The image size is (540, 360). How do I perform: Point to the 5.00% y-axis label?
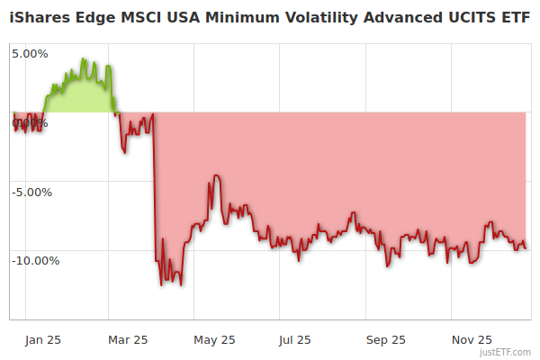coord(30,54)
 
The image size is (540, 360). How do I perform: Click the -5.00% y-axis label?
coord(32,192)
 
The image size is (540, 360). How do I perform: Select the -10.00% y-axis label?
coord(35,261)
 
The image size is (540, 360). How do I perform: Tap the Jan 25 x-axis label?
coord(43,340)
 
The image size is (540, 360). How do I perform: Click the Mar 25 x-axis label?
coord(127,340)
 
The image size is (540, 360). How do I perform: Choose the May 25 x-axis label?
coord(214,340)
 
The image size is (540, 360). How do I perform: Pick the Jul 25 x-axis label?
coord(295,340)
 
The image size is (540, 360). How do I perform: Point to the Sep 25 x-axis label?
coord(386,340)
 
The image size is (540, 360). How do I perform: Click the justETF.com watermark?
coord(507,352)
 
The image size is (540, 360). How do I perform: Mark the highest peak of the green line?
coord(82,59)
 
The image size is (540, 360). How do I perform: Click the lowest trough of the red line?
coord(181,285)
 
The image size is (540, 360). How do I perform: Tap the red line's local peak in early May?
coord(214,175)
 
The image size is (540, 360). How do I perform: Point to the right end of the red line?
coord(526,247)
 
